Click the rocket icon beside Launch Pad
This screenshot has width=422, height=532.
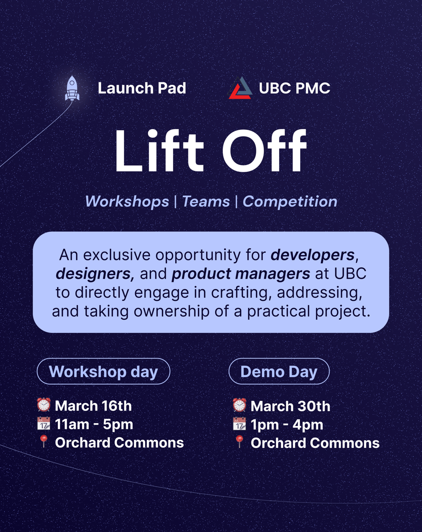[72, 88]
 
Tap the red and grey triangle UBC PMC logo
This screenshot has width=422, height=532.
[240, 88]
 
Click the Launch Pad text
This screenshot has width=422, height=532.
[142, 88]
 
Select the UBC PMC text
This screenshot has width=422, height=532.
[295, 88]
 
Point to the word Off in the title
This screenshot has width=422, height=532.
[264, 151]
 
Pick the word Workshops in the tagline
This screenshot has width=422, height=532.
[127, 202]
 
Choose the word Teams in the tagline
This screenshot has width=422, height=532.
[206, 202]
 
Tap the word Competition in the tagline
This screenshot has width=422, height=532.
[290, 202]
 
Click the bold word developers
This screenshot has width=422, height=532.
[313, 255]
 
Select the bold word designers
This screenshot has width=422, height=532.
[93, 273]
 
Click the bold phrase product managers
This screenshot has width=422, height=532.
[240, 273]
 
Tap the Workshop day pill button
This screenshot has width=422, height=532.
[103, 371]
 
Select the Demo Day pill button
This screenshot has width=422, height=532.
[279, 371]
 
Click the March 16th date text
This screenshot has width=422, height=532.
[93, 406]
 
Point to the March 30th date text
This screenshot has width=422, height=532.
[290, 406]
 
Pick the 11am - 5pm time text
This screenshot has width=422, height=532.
[94, 424]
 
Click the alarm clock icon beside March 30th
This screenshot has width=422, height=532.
[240, 405]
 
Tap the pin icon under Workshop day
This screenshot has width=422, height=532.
[44, 442]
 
